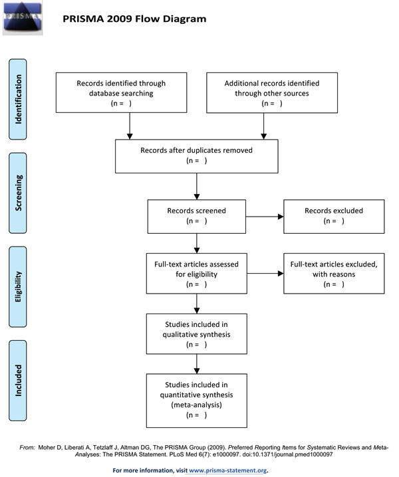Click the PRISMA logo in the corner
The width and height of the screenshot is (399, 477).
point(23,18)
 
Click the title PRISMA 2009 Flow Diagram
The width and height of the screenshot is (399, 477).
point(134,19)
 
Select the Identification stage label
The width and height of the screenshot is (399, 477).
point(18,99)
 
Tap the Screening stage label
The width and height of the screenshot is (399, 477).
point(18,193)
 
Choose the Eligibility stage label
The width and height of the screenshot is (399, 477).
point(18,286)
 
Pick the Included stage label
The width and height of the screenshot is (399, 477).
point(18,380)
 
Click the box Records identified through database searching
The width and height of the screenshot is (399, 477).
point(121,92)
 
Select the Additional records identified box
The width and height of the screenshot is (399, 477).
point(272,92)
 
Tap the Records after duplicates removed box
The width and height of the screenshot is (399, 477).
point(196,156)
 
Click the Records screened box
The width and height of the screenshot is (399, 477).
point(196,217)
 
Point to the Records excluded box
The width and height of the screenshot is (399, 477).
point(334,217)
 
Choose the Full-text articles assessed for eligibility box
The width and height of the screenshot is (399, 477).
point(196,273)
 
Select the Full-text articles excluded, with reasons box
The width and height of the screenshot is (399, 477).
point(334,273)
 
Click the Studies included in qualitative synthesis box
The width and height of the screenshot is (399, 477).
point(196,334)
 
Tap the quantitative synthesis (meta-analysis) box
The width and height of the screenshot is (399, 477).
point(196,401)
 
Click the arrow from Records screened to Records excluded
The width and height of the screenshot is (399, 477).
point(265,217)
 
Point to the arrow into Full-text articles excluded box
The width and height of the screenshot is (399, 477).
point(265,274)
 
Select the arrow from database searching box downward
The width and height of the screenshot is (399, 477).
point(130,126)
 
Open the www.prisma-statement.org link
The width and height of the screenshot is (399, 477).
point(228,470)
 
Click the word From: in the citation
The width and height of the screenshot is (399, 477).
point(27,448)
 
